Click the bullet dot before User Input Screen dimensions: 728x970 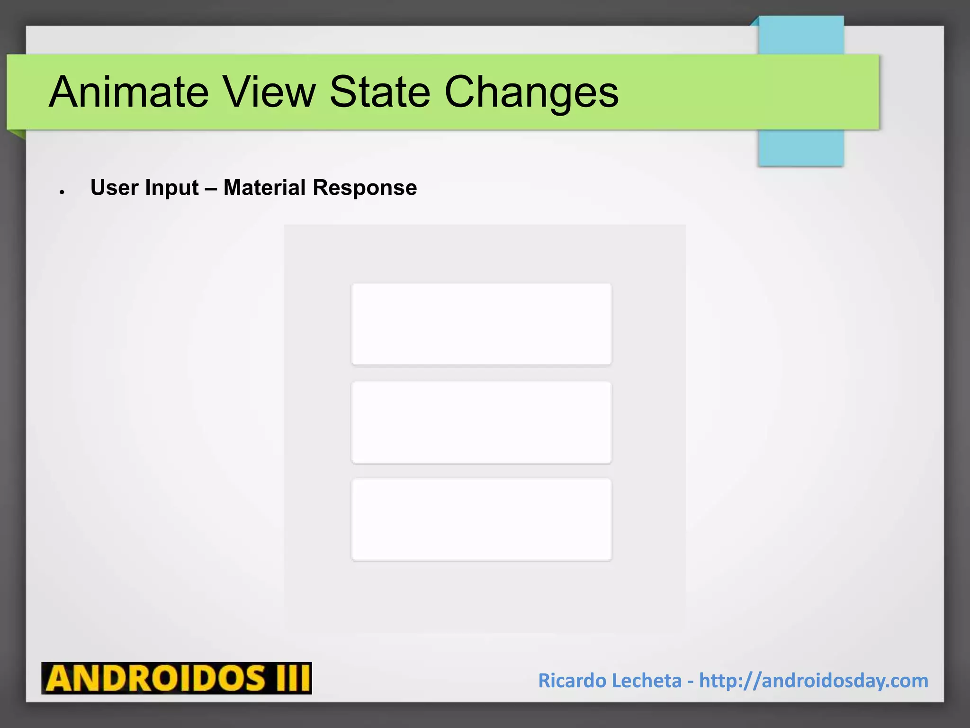62,192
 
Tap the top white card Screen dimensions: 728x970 481,324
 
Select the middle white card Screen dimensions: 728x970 481,422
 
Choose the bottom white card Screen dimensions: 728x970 481,519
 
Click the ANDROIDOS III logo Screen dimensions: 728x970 176,678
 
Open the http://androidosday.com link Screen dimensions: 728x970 813,681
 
